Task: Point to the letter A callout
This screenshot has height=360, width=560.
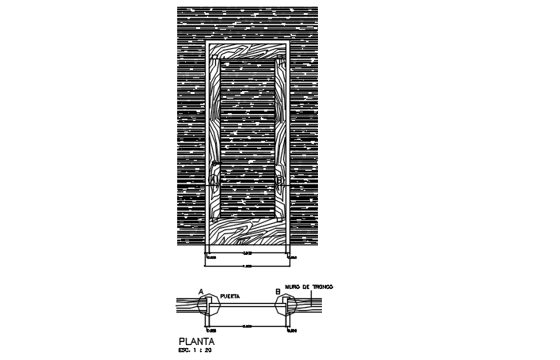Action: (202, 292)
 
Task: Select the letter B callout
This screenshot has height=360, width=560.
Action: (278, 292)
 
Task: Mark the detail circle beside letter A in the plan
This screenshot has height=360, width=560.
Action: (210, 305)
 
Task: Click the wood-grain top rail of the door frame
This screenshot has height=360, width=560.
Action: (248, 51)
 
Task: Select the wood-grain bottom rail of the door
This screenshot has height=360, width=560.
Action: (248, 231)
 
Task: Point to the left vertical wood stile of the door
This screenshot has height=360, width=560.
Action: (214, 135)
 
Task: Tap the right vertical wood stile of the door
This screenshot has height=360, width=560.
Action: (280, 135)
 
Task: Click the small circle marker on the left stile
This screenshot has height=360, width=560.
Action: (214, 180)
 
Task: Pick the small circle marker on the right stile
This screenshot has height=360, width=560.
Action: (280, 180)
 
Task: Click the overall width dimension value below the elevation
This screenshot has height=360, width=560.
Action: (248, 266)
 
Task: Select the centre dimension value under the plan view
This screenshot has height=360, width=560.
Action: (248, 326)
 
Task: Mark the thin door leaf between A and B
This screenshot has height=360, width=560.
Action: (248, 305)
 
